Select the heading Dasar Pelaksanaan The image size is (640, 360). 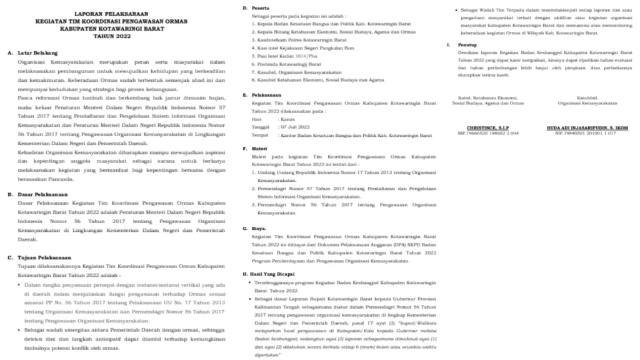[x=41, y=194]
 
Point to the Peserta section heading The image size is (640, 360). [x=259, y=7]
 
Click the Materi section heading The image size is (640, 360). [x=258, y=149]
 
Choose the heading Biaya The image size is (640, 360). [x=258, y=229]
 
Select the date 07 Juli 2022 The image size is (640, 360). [x=291, y=126]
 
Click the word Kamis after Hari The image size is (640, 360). [x=287, y=117]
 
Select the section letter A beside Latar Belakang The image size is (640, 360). [x=10, y=54]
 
